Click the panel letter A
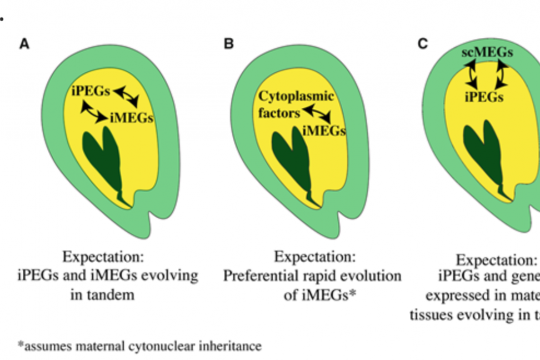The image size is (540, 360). tap(24, 44)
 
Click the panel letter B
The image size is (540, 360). tap(228, 44)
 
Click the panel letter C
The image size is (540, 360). tap(423, 43)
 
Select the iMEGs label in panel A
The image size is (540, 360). tap(131, 118)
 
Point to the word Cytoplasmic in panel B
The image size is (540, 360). tap(296, 96)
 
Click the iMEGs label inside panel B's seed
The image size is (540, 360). tap(324, 131)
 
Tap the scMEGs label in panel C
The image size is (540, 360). tap(487, 53)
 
